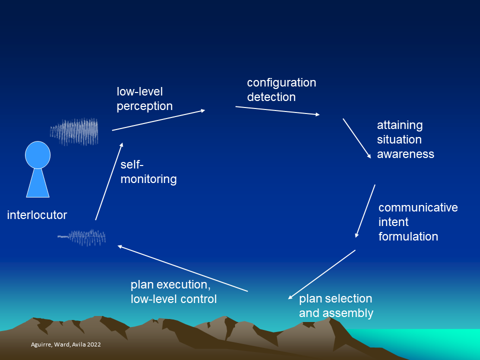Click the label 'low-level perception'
click(x=144, y=99)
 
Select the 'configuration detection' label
click(x=281, y=89)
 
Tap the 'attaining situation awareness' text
click(x=405, y=139)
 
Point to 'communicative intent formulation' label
click(x=418, y=222)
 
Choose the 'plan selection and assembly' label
click(x=336, y=306)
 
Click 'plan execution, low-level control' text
click(x=173, y=291)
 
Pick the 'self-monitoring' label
click(x=148, y=171)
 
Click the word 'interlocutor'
click(x=36, y=215)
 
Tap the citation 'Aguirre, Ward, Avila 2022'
click(x=66, y=344)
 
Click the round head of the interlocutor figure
click(x=37, y=155)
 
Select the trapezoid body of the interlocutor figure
click(x=37, y=183)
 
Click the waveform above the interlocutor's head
click(x=74, y=131)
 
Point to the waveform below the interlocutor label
click(x=81, y=237)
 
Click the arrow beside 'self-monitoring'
click(x=109, y=181)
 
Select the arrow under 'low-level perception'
click(x=158, y=120)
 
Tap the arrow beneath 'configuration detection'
click(x=277, y=110)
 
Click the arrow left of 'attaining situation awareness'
click(x=357, y=138)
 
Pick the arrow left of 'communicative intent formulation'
click(x=365, y=211)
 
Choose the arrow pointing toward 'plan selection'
click(x=321, y=274)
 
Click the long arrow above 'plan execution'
click(x=183, y=268)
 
